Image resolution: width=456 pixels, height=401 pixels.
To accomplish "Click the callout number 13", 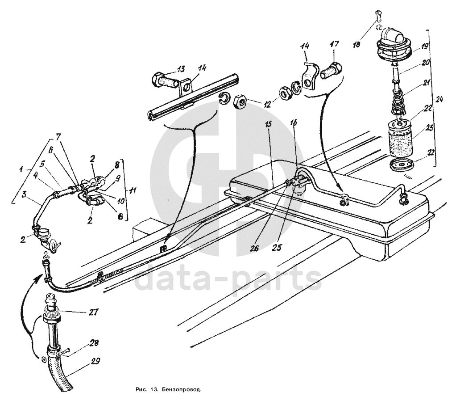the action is pos(180,69).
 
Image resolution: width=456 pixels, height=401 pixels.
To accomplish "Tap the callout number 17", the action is pos(334,45).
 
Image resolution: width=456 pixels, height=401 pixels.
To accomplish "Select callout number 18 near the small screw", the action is pos(357,44).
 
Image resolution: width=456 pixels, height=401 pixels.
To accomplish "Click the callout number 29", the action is pos(95,361).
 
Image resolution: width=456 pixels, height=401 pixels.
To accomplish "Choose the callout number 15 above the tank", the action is pos(268,124).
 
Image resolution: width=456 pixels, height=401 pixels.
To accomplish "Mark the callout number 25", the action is pos(278,248).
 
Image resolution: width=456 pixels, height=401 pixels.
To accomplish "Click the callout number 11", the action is pos(133,191).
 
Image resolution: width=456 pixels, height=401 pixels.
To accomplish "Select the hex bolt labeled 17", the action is pos(331,71).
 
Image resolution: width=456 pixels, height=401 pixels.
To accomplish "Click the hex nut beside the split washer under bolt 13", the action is pos(240,101).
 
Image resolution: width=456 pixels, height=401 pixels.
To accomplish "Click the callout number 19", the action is pos(424,46).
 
